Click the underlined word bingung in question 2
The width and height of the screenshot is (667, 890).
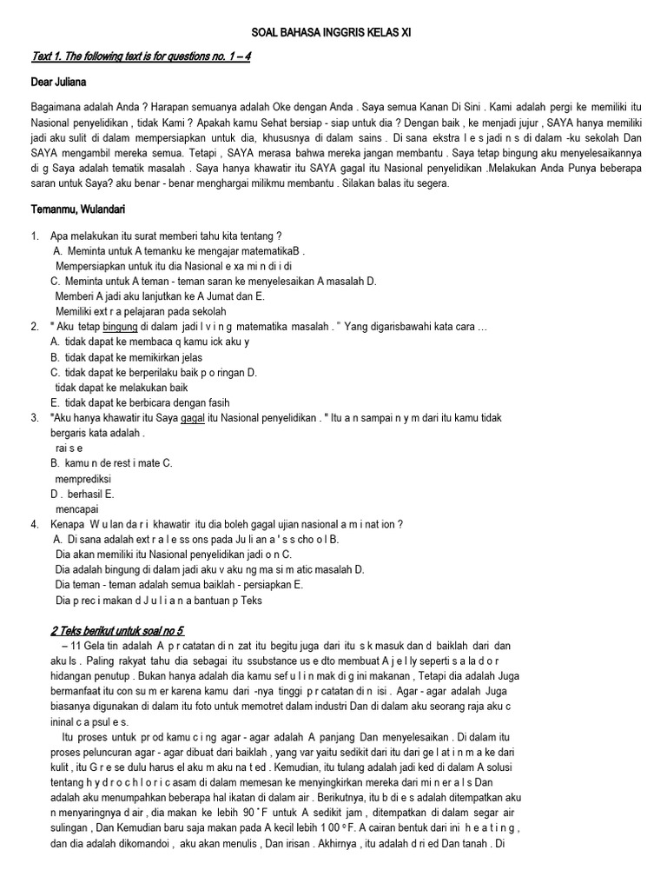(121, 326)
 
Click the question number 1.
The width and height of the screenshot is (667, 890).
(35, 236)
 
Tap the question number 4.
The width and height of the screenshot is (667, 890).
(35, 524)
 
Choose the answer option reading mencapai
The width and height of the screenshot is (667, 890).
(76, 508)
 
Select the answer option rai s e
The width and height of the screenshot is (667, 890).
(69, 448)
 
